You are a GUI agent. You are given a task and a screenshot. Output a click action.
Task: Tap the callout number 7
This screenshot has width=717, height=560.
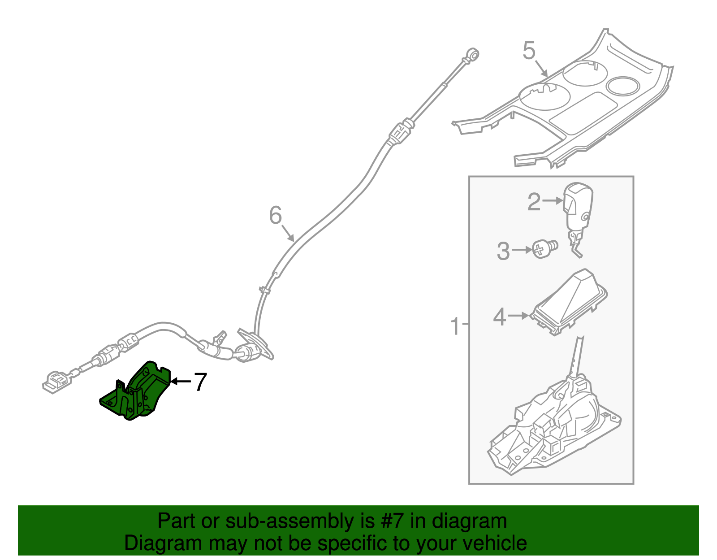[x=199, y=382]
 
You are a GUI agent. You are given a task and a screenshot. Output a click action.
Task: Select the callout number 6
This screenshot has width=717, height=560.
[x=275, y=216]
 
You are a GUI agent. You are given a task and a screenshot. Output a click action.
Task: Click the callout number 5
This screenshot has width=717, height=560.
[x=529, y=50]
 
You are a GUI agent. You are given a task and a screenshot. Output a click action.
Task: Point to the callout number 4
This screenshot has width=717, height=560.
[x=499, y=317]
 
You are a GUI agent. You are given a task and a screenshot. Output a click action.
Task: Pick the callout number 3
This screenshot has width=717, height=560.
[x=503, y=251]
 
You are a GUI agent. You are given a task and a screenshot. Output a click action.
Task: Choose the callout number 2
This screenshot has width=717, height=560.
[x=533, y=202]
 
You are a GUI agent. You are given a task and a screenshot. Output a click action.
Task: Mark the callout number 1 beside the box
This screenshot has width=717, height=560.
[x=454, y=326]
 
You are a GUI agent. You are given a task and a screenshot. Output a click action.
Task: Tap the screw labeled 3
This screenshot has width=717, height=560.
[x=544, y=248]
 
